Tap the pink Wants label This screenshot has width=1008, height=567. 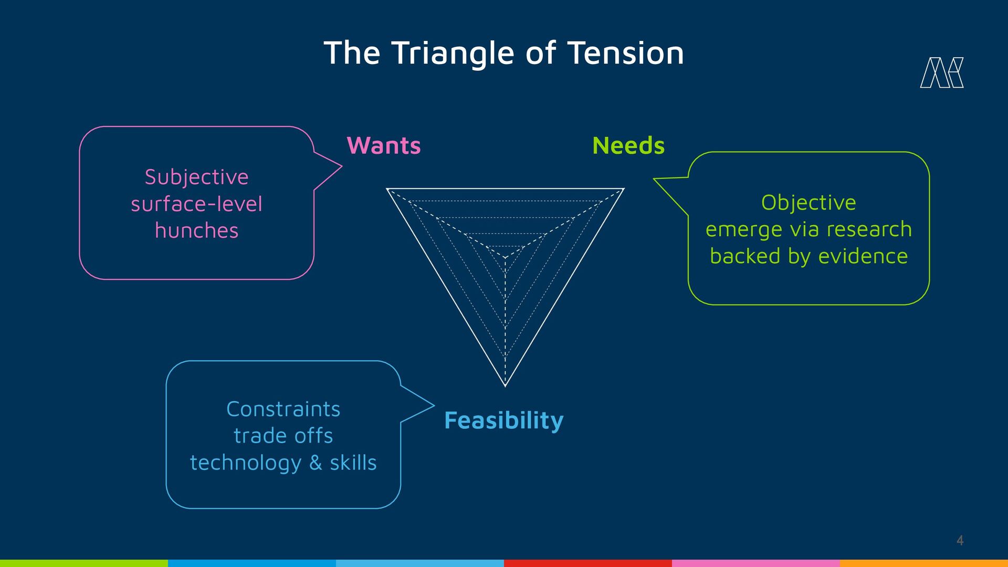(384, 145)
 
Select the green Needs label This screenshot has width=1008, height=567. (628, 145)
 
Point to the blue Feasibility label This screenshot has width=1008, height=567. (504, 421)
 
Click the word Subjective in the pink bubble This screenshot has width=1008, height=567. (196, 177)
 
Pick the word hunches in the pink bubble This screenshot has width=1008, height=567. (196, 230)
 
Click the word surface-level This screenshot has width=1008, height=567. (196, 204)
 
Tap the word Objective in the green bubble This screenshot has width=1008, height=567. (808, 203)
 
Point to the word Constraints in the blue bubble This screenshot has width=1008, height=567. (283, 409)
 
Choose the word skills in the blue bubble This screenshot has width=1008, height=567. (353, 463)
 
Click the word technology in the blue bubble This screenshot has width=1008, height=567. (246, 463)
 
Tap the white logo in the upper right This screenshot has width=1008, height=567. (942, 72)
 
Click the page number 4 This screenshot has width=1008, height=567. (960, 540)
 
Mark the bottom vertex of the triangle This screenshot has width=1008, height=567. (505, 385)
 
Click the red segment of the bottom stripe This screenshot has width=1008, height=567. (588, 563)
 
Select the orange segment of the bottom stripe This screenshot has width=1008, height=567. (924, 563)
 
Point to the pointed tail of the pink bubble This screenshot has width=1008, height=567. (340, 166)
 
